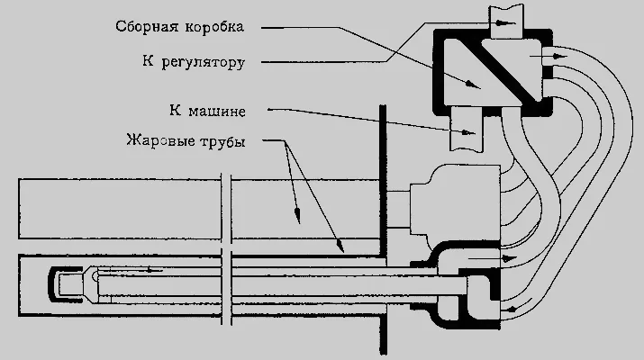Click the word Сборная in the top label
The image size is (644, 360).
[147, 27]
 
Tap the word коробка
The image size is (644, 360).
[214, 27]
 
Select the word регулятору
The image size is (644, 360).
[204, 63]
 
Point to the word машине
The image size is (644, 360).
[217, 112]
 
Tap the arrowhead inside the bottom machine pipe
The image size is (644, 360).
[469, 132]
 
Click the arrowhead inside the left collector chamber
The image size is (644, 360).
[474, 85]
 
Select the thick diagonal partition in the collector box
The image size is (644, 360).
[509, 70]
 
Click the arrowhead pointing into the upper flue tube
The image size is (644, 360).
[297, 215]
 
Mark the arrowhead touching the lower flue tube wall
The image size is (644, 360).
[340, 246]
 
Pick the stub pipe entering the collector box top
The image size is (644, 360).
[507, 22]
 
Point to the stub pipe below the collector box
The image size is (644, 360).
[467, 129]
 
